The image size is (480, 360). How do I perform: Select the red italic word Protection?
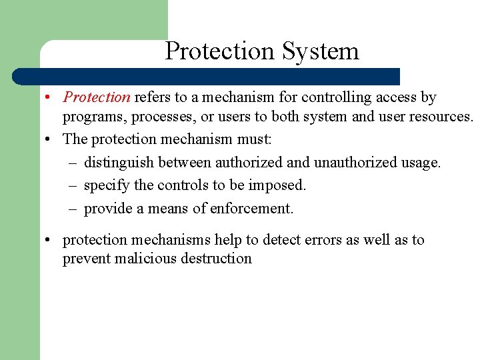(97, 97)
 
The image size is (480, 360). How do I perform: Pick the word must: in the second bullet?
(255, 139)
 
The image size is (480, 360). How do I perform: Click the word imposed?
(280, 185)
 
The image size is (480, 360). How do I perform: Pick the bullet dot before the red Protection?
(50, 97)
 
